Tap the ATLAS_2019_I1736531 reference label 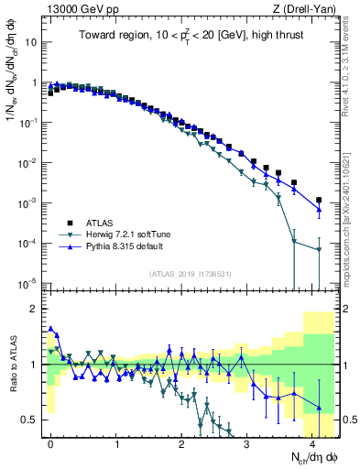189,273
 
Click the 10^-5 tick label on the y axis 27,282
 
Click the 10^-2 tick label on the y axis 27,162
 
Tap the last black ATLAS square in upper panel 319,200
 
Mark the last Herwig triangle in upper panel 319,249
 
